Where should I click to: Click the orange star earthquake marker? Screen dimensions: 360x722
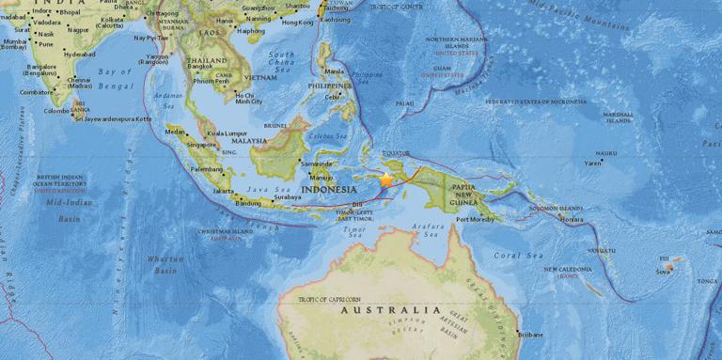coord(385,180)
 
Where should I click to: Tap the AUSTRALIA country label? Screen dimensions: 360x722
coord(390,309)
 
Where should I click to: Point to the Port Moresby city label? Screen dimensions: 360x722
coord(475,221)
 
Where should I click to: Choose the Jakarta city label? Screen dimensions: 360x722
coord(224,191)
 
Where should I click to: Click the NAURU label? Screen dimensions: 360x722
coord(606,152)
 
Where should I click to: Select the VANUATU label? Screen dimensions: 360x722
coord(576,251)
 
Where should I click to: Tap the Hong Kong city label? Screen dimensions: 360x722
coord(297,22)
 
